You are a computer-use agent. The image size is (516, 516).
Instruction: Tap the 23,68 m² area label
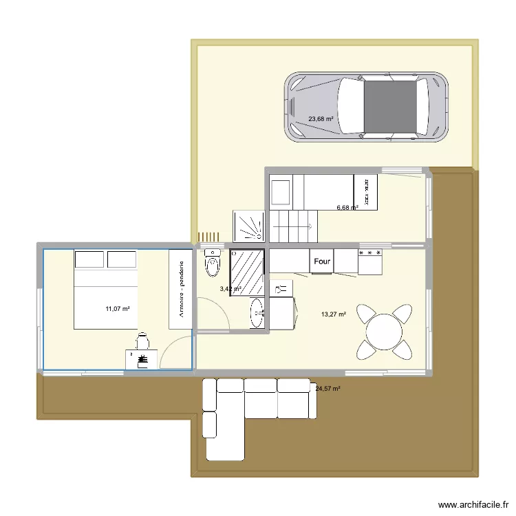321,118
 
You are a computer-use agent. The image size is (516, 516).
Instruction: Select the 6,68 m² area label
347,207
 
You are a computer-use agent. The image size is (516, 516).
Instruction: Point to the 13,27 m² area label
334,315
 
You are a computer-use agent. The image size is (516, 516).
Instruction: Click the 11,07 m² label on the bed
118,309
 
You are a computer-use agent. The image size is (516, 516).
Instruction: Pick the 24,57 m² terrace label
328,389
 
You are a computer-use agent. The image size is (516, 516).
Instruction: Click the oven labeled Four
322,261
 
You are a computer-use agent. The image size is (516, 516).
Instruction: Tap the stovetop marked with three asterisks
369,260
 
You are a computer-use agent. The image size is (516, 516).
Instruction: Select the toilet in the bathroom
213,264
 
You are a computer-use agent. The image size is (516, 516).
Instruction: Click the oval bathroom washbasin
257,314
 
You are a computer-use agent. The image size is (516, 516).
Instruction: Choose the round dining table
385,333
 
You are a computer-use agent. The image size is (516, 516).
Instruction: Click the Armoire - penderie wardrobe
181,289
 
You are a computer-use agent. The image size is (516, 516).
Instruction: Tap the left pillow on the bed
89,259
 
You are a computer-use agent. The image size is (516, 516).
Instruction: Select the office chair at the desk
143,341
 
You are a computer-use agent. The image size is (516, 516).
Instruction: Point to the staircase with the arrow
293,226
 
